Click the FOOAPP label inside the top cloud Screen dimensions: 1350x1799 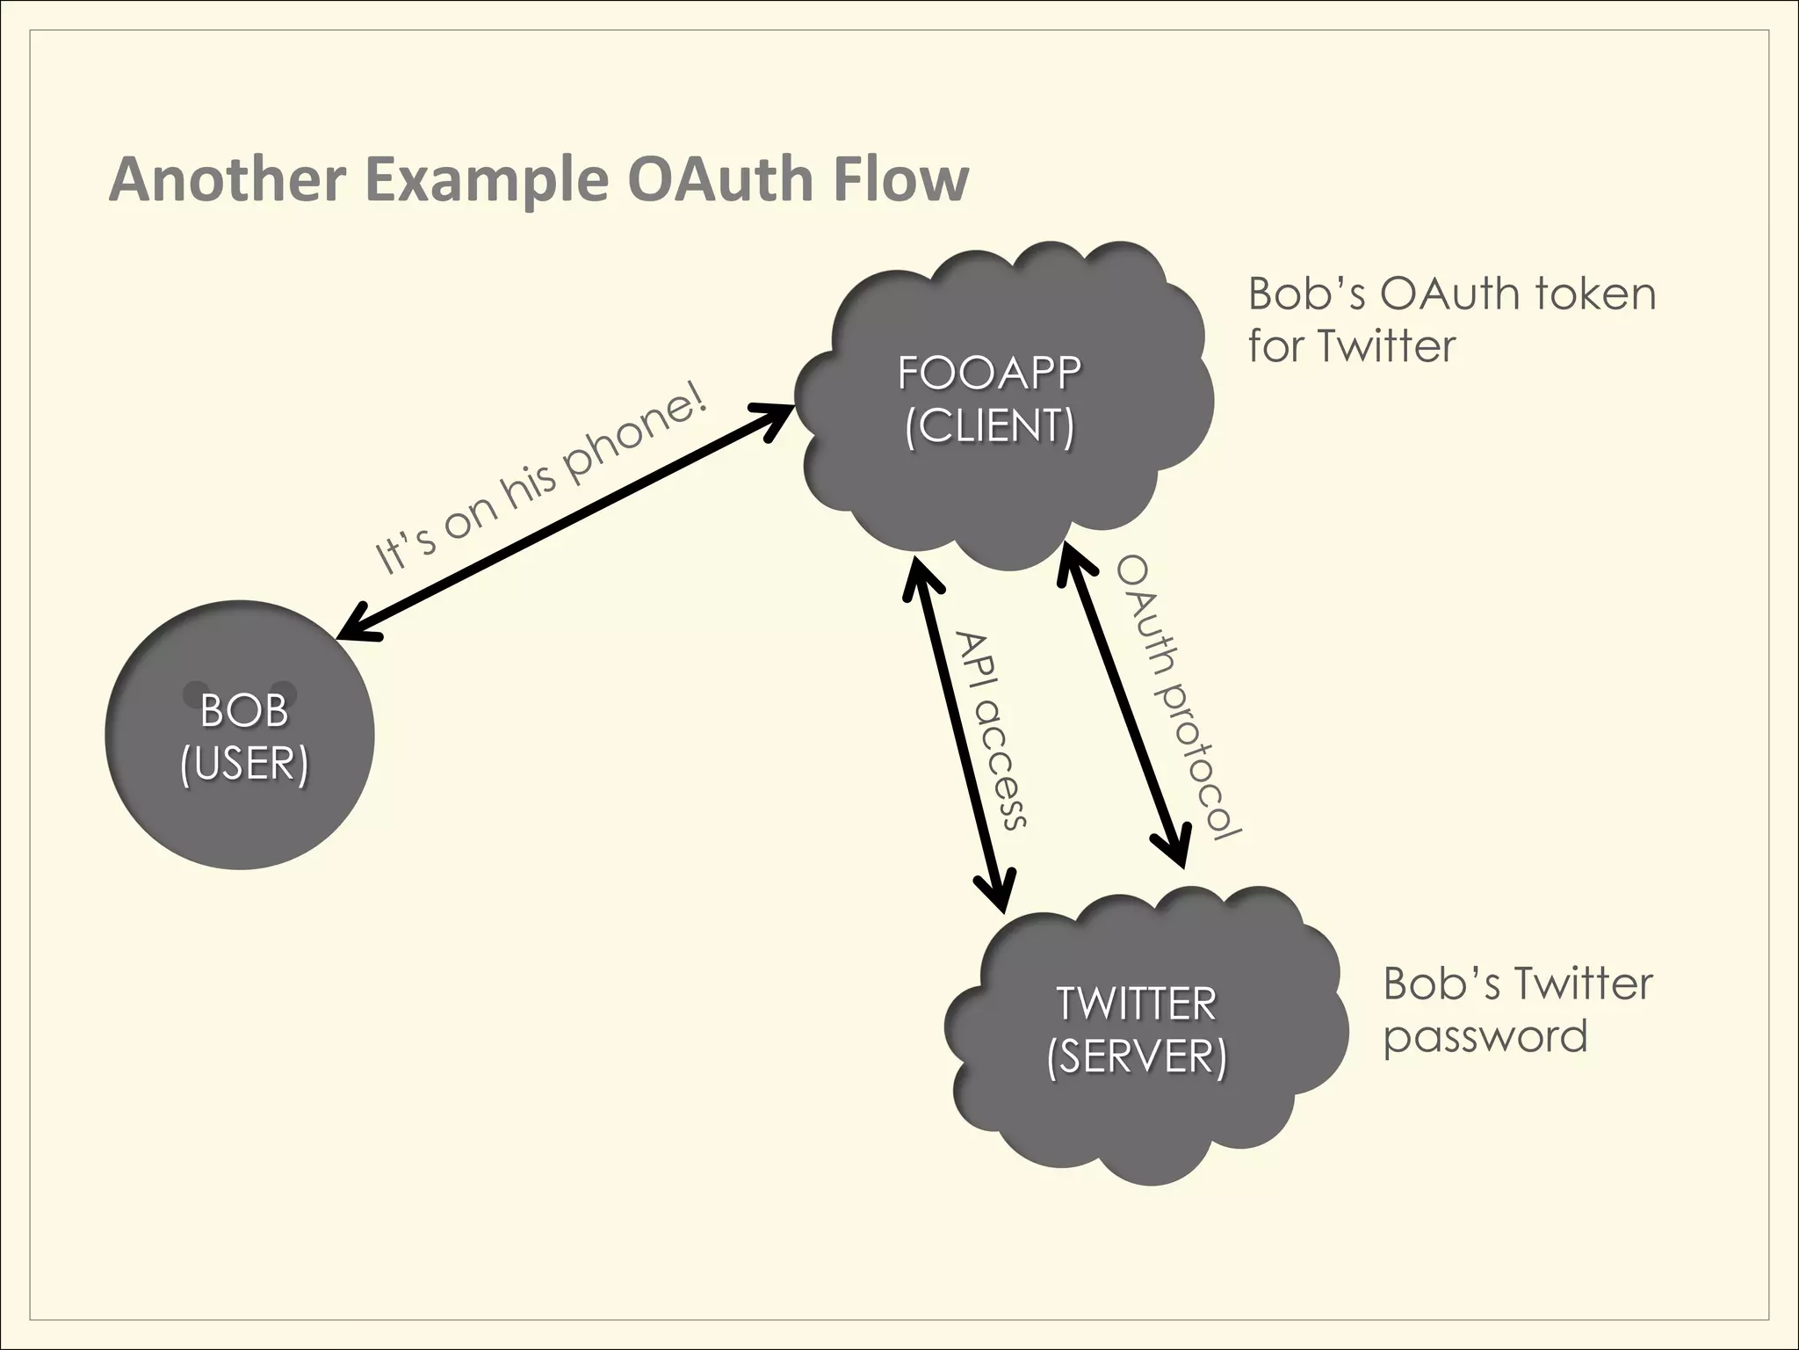[x=989, y=373]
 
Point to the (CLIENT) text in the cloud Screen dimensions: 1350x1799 [x=989, y=426]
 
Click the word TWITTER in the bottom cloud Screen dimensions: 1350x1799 [x=1136, y=1004]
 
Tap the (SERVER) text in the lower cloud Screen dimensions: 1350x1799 [x=1136, y=1056]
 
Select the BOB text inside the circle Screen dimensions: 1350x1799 [x=243, y=710]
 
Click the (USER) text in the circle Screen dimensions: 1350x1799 [x=243, y=763]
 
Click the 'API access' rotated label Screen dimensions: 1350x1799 [x=991, y=729]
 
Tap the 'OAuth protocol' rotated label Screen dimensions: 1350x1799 [x=1177, y=699]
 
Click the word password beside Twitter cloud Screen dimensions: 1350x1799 [x=1485, y=1037]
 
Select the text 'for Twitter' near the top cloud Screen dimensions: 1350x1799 [x=1351, y=346]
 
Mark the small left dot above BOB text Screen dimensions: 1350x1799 [x=192, y=693]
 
